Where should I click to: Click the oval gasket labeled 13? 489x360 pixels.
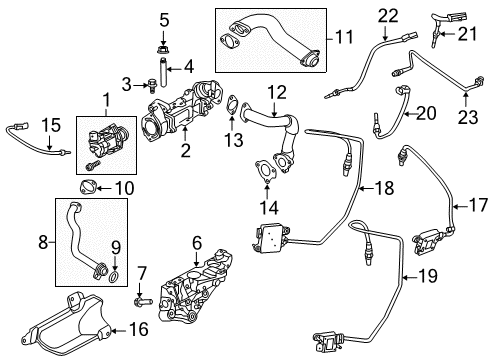(x=232, y=102)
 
